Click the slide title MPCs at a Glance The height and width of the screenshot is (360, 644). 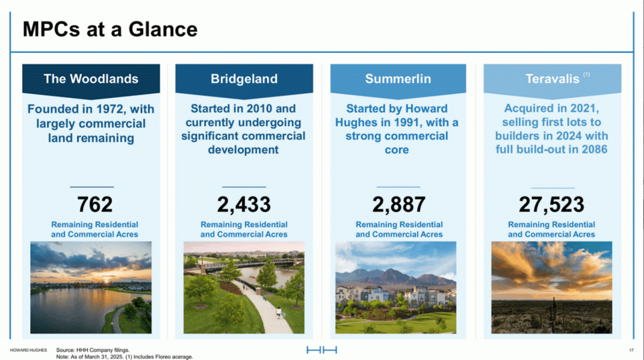(110, 29)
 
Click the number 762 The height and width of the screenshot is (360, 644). (95, 204)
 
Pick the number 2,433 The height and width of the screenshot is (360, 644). (244, 204)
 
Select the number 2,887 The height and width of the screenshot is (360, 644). (398, 204)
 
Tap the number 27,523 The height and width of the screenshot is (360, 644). (551, 204)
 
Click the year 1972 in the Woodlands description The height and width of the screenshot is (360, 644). (109, 109)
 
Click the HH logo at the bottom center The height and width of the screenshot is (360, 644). (321, 350)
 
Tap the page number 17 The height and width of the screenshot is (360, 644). (631, 350)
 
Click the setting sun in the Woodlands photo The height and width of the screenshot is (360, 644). (107, 280)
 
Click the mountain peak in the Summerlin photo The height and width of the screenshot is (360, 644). (390, 272)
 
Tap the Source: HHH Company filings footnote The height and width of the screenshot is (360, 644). (93, 350)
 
